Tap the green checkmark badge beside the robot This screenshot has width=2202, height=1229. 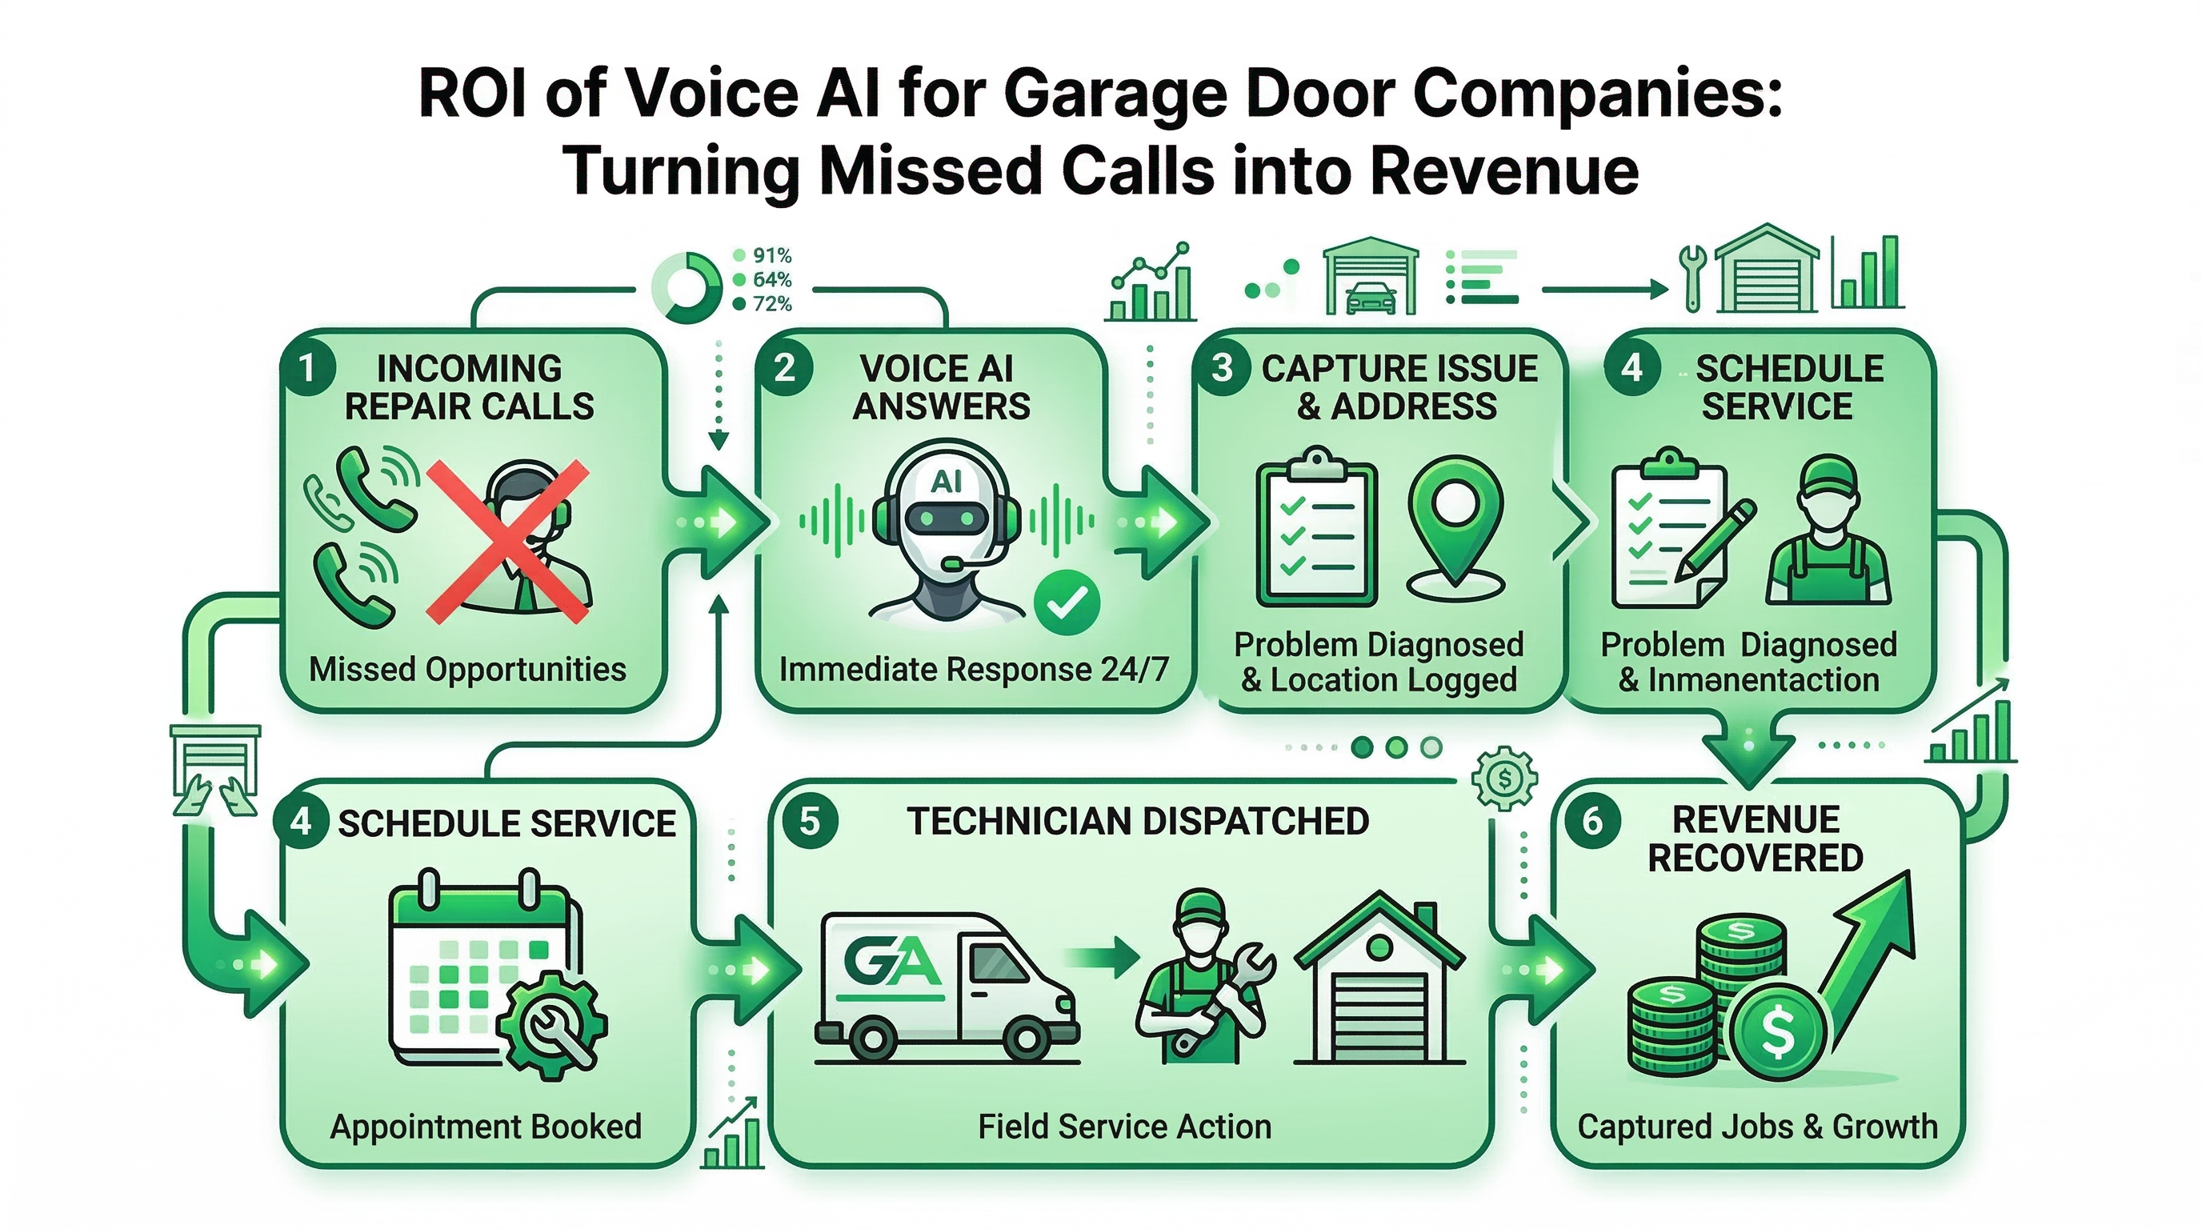click(x=1066, y=603)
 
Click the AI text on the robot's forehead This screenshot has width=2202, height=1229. click(x=947, y=481)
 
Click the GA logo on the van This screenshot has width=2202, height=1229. click(x=891, y=962)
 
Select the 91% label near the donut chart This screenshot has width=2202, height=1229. click(x=772, y=255)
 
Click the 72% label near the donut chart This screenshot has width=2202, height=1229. click(x=772, y=304)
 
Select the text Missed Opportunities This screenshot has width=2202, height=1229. click(x=467, y=669)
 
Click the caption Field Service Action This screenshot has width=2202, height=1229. click(x=1124, y=1127)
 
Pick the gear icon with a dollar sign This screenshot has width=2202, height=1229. click(x=1503, y=779)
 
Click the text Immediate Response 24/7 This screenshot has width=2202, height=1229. click(x=974, y=669)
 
